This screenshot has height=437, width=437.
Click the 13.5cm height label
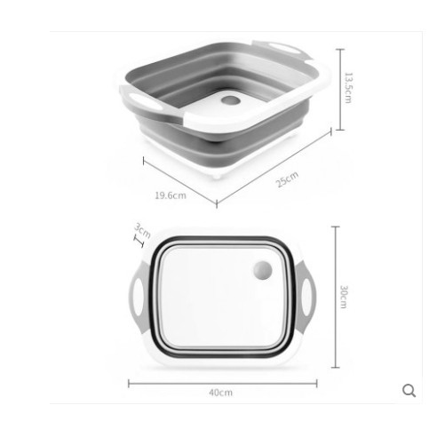[x=348, y=88]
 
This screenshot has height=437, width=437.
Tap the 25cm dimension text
[x=287, y=179]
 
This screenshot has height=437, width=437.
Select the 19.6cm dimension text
[x=171, y=195]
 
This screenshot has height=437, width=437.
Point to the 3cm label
[x=143, y=231]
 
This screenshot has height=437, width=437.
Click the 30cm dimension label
[x=344, y=297]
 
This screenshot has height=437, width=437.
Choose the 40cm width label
[x=221, y=393]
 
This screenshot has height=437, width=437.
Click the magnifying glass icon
[x=409, y=391]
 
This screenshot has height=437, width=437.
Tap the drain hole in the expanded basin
[x=231, y=100]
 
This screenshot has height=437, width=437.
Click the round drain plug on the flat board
[x=263, y=270]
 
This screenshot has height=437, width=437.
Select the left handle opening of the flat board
[x=139, y=297]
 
